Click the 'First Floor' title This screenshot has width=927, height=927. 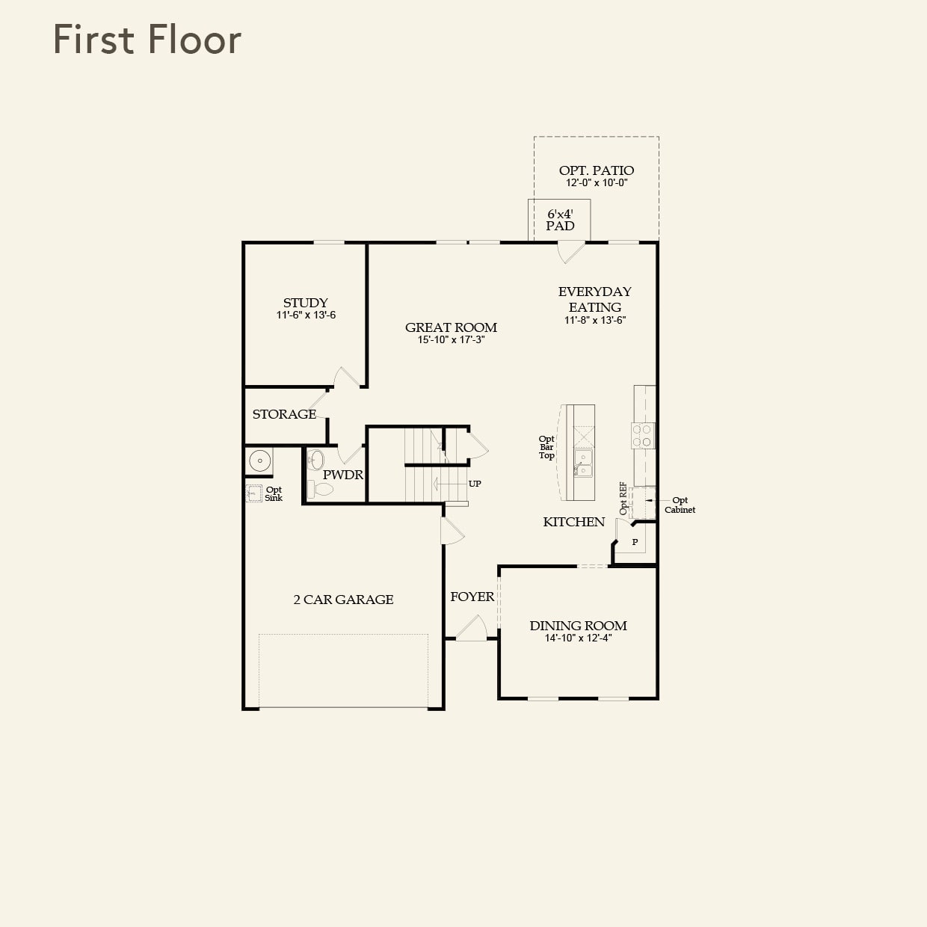147,40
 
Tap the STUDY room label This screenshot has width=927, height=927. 305,303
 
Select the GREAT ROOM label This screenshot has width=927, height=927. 451,327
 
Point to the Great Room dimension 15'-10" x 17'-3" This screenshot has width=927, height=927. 451,340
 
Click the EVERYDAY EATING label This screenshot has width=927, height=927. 594,299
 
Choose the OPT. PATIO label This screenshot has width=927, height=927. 596,170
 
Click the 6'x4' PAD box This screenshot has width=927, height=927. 559,220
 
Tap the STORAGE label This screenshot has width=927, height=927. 284,414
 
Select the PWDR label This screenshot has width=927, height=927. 342,475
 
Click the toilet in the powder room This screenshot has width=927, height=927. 321,490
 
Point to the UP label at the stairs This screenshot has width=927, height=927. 475,484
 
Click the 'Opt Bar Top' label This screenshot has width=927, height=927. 546,447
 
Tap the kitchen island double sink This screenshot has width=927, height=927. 582,463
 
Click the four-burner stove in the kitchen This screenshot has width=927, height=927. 642,436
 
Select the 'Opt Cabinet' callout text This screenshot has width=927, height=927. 680,505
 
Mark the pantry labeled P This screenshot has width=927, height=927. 635,542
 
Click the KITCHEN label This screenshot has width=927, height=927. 573,522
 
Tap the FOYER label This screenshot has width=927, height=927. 472,597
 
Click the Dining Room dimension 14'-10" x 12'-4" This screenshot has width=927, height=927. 578,638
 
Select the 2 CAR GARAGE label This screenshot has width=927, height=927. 343,600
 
